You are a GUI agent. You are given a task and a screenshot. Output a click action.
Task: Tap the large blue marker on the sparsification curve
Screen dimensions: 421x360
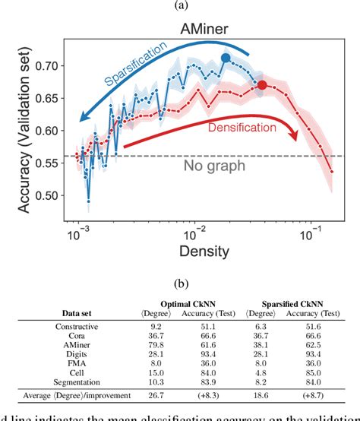click(225, 58)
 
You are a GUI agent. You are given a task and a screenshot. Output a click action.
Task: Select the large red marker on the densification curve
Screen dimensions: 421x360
click(262, 85)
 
